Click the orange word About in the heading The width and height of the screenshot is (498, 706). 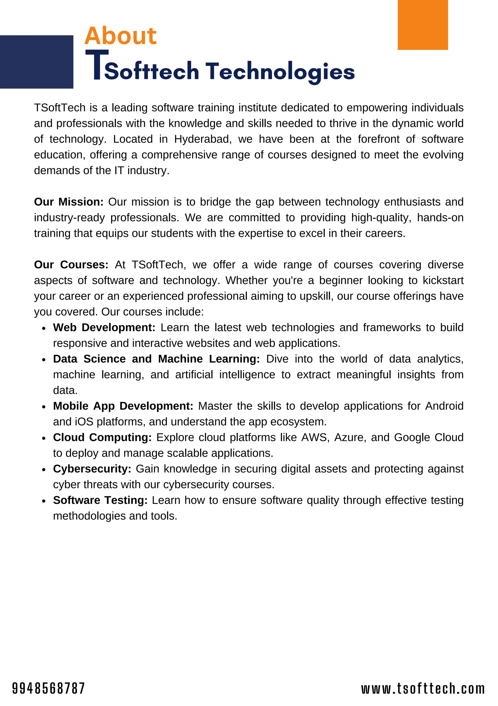[120, 36]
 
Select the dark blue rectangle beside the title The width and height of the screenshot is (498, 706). [36, 62]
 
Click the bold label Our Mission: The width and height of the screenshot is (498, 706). [69, 202]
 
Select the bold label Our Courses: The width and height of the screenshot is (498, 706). [71, 265]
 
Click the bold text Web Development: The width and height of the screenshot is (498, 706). [104, 328]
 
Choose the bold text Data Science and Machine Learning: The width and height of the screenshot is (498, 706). [156, 359]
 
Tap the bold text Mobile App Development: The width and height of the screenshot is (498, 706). [123, 406]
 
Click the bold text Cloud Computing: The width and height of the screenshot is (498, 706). [102, 437]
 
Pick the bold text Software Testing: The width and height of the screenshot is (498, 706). [100, 500]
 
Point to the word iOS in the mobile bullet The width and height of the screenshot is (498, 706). [84, 422]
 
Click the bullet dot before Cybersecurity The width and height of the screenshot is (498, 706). [44, 470]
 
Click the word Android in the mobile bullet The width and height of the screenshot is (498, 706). [444, 406]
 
